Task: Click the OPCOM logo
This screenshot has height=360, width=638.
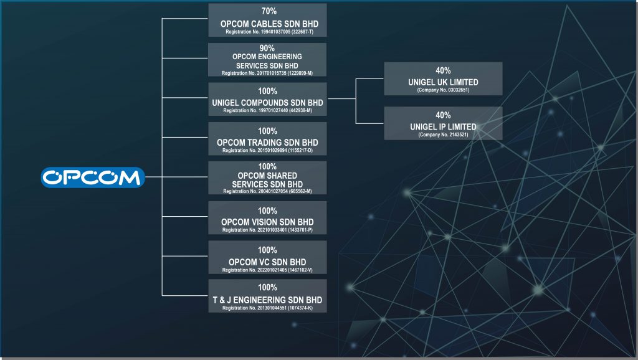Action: click(x=93, y=178)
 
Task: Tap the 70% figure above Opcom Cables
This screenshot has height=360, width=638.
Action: click(x=267, y=11)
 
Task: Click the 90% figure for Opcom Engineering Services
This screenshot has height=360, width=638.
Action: click(x=267, y=47)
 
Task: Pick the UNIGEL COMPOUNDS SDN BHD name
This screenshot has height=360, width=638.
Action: click(x=267, y=102)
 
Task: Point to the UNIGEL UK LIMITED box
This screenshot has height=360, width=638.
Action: click(x=443, y=78)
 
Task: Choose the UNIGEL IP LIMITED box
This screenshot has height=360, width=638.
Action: click(x=443, y=123)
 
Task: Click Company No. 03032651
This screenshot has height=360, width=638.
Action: click(x=443, y=90)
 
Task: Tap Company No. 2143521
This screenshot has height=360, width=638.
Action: click(x=443, y=135)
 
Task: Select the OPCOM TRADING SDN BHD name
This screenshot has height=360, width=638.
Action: click(x=267, y=143)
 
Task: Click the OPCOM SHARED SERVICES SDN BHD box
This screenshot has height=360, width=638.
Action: click(x=267, y=178)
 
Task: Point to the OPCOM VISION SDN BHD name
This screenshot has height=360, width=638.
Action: click(x=267, y=222)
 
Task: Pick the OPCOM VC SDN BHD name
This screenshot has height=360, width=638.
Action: click(x=267, y=262)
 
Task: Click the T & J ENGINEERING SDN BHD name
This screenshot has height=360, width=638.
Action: click(x=267, y=300)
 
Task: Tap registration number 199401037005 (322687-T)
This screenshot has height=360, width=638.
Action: click(x=267, y=31)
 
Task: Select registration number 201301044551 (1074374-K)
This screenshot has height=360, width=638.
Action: click(x=267, y=308)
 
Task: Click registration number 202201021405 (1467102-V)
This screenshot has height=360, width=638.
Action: click(x=267, y=270)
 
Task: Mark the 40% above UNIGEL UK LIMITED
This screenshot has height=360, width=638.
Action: click(x=443, y=71)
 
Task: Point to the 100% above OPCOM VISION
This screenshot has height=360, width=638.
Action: click(x=267, y=211)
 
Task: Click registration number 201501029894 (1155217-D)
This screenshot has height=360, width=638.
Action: click(x=267, y=151)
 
